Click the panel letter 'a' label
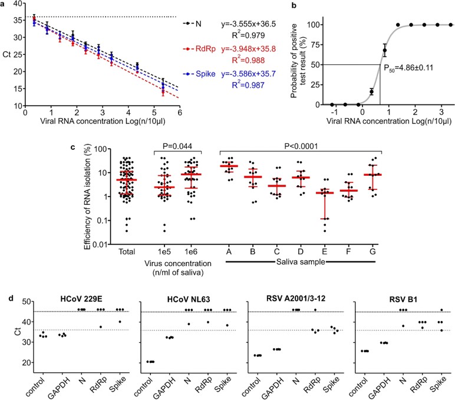[4, 4]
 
